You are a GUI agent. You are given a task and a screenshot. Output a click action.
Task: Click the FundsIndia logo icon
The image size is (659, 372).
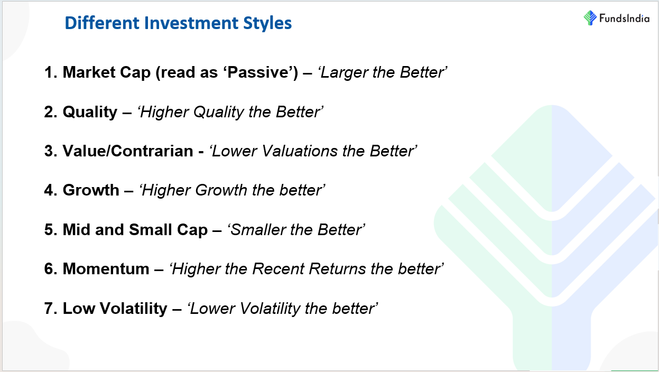(x=590, y=18)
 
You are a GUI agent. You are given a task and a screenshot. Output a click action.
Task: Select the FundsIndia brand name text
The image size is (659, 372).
(x=624, y=18)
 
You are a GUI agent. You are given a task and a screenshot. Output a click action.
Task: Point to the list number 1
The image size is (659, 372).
(x=50, y=72)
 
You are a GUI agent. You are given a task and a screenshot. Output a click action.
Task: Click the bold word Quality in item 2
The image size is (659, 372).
(x=90, y=113)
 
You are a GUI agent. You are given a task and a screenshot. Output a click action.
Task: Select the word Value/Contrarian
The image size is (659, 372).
(x=128, y=151)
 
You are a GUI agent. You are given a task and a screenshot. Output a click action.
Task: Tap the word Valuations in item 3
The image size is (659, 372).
(x=300, y=151)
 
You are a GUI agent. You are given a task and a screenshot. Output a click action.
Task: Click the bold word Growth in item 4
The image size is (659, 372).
(x=91, y=190)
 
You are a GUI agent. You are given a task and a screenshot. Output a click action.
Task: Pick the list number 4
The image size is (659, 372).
(x=51, y=190)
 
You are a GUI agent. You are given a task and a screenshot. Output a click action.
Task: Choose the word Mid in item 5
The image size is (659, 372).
(x=77, y=230)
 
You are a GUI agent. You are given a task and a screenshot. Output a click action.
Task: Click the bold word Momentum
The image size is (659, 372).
(x=106, y=269)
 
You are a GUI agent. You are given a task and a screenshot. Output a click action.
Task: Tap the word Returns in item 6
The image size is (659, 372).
(x=337, y=269)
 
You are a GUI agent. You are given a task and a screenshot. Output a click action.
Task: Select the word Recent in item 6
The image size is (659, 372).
(x=278, y=269)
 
